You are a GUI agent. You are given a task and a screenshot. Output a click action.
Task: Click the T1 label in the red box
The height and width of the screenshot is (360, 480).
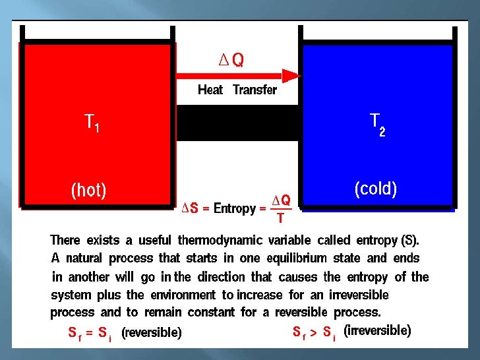92,123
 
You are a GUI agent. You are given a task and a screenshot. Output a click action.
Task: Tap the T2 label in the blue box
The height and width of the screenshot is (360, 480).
378,123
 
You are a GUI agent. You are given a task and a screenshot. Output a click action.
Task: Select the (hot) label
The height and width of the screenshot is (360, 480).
88,191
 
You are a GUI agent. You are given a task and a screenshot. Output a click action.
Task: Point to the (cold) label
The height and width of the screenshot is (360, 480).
375,189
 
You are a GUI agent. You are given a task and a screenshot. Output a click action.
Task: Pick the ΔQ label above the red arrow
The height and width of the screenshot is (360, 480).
231,60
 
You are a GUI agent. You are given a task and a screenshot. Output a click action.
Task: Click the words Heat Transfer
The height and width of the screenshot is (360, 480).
237,90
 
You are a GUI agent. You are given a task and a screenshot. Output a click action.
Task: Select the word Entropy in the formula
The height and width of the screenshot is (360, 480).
235,209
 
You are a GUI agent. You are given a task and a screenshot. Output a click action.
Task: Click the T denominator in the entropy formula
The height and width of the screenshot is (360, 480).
280,218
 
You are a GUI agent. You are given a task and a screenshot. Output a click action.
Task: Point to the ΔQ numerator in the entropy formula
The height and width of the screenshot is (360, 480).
281,200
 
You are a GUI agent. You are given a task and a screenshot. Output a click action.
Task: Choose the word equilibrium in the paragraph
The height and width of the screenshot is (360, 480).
291,258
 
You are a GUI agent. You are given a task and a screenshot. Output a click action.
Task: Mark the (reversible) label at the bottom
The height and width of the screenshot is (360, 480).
151,333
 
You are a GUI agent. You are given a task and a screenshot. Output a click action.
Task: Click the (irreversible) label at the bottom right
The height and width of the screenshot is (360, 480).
377,331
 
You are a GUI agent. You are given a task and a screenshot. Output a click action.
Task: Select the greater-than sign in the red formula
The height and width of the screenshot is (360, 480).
315,333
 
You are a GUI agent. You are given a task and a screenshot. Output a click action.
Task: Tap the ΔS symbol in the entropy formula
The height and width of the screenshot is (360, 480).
190,209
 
